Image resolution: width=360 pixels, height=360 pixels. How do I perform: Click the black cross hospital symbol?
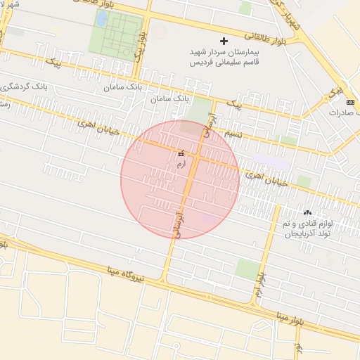[x=224, y=41]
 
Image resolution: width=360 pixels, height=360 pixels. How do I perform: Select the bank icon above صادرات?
[x=351, y=102]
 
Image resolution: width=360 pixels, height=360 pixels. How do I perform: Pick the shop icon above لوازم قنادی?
[x=307, y=212]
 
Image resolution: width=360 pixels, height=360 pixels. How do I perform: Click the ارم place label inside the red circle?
[x=181, y=163]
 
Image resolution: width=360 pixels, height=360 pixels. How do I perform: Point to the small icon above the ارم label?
[x=181, y=153]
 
